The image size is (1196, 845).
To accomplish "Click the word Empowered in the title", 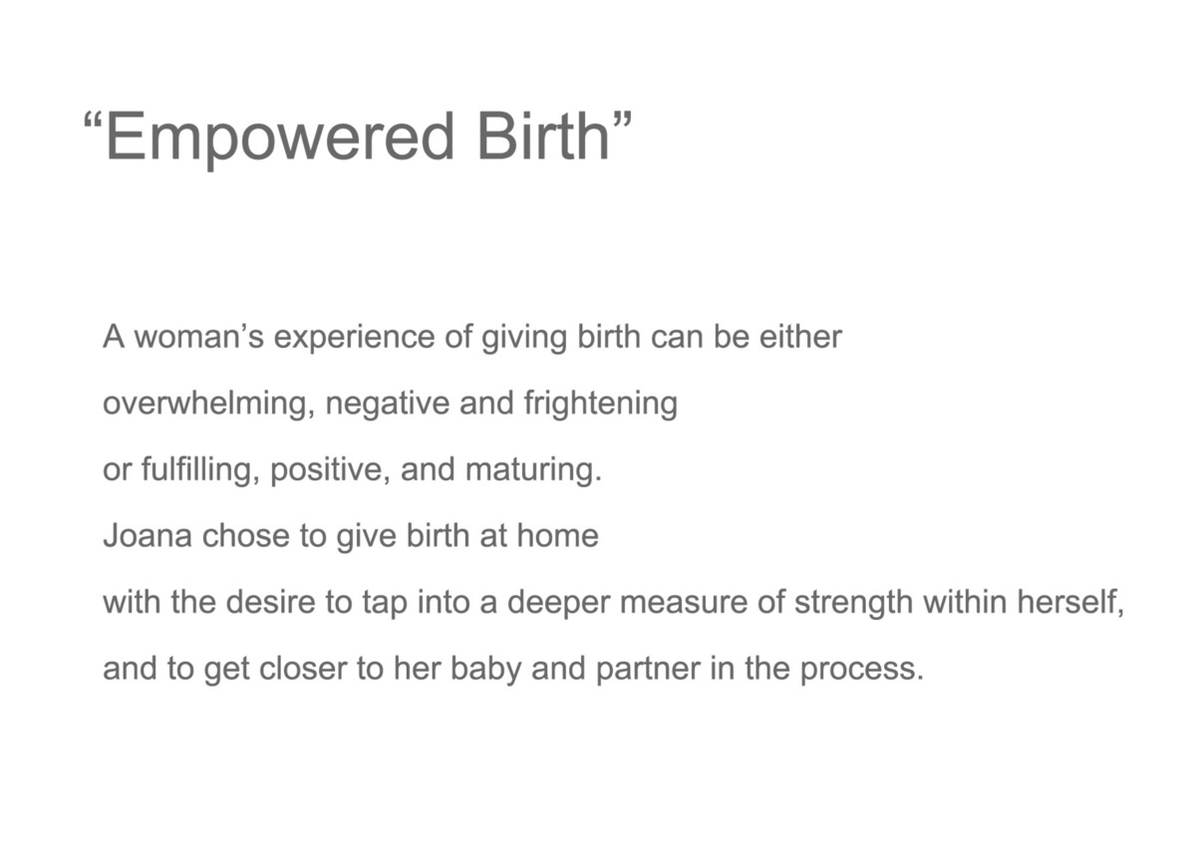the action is pyautogui.click(x=280, y=137).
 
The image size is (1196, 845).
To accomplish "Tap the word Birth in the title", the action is pyautogui.click(x=543, y=136).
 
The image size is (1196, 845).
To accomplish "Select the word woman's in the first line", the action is pyautogui.click(x=198, y=337).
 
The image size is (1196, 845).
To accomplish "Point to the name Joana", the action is pyautogui.click(x=148, y=536).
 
